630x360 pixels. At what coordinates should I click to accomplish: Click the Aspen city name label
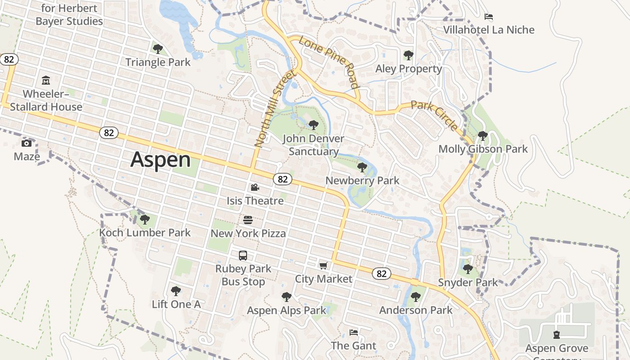[x=161, y=160]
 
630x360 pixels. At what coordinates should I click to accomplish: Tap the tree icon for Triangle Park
[x=157, y=49]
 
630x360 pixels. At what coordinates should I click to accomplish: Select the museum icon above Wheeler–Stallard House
[x=46, y=81]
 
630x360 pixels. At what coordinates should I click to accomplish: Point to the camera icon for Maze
[x=27, y=143]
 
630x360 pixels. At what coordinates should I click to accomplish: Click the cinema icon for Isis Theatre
[x=255, y=187]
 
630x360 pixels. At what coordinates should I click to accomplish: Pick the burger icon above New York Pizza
[x=248, y=220]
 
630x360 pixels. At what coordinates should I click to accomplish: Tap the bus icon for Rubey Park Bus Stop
[x=243, y=256]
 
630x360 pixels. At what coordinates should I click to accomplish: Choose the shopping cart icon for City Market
[x=323, y=265]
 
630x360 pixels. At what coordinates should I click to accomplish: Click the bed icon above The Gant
[x=354, y=333]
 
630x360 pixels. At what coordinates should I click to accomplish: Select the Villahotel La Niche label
[x=489, y=30]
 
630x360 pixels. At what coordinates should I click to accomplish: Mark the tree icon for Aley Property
[x=408, y=55]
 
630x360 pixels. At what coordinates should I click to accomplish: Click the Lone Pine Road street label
[x=329, y=62]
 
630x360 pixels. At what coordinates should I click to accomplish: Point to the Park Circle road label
[x=435, y=116]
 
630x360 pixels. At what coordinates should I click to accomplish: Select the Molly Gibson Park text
[x=483, y=149]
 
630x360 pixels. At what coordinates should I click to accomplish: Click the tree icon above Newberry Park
[x=362, y=167]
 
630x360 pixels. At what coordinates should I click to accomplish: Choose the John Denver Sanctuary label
[x=313, y=145]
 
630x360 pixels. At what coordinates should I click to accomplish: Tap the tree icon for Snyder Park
[x=468, y=269]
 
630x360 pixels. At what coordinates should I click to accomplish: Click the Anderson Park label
[x=416, y=310]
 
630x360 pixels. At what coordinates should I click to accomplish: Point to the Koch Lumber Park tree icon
[x=144, y=220]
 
